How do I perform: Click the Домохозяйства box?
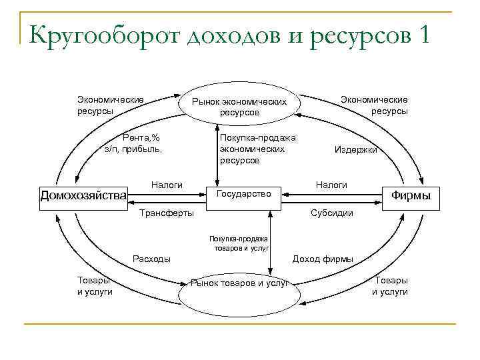tap(83, 195)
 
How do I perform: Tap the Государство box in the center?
tap(244, 193)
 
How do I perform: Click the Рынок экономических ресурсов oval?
tap(239, 106)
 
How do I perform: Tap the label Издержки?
tap(355, 150)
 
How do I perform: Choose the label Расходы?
tap(152, 259)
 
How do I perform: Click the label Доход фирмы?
tap(323, 259)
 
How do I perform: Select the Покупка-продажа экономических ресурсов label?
tap(257, 149)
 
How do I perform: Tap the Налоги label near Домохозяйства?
tap(167, 184)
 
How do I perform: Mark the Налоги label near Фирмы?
tap(331, 184)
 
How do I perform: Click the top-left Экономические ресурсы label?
tap(111, 105)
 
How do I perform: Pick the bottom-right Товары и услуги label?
tap(390, 286)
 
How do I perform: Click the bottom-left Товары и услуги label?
tap(95, 286)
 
